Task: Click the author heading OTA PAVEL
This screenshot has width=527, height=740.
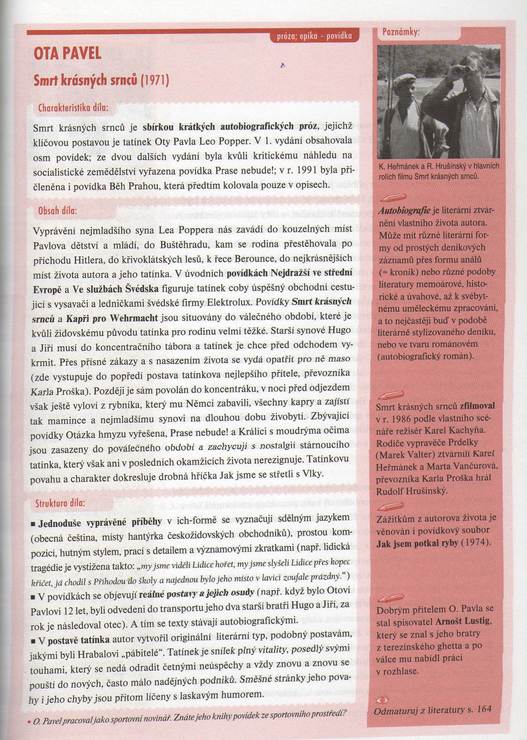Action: tap(68, 53)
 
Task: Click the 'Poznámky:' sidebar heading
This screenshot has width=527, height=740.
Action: tap(401, 32)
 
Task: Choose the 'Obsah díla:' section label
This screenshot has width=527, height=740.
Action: tap(57, 211)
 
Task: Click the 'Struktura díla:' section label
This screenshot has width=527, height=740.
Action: tap(60, 503)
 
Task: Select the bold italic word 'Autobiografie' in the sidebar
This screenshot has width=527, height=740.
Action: tap(404, 211)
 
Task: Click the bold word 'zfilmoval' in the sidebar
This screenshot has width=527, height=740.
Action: tap(477, 406)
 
